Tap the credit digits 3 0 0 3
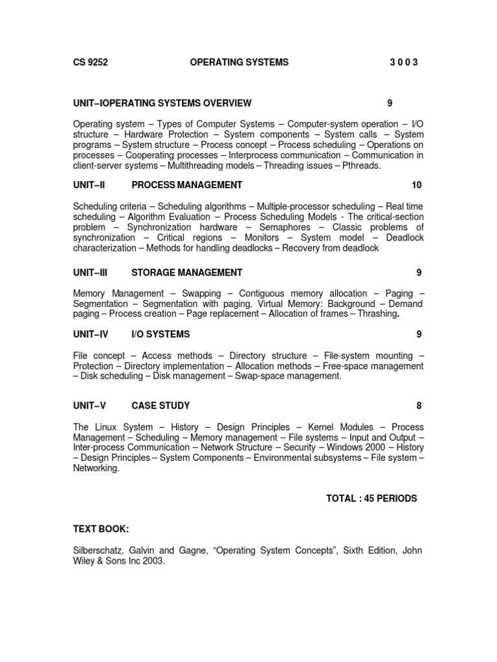click(x=404, y=62)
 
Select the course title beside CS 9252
click(x=239, y=62)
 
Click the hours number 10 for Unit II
click(x=416, y=185)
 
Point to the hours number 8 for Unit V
click(x=419, y=406)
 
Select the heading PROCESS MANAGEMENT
click(x=187, y=185)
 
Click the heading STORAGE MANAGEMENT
click(x=187, y=272)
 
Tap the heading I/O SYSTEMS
click(x=160, y=334)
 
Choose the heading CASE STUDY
click(x=160, y=406)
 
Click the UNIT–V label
click(x=89, y=406)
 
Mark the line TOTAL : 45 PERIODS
click(x=371, y=498)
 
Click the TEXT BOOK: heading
click(x=101, y=529)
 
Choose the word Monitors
click(x=261, y=238)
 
